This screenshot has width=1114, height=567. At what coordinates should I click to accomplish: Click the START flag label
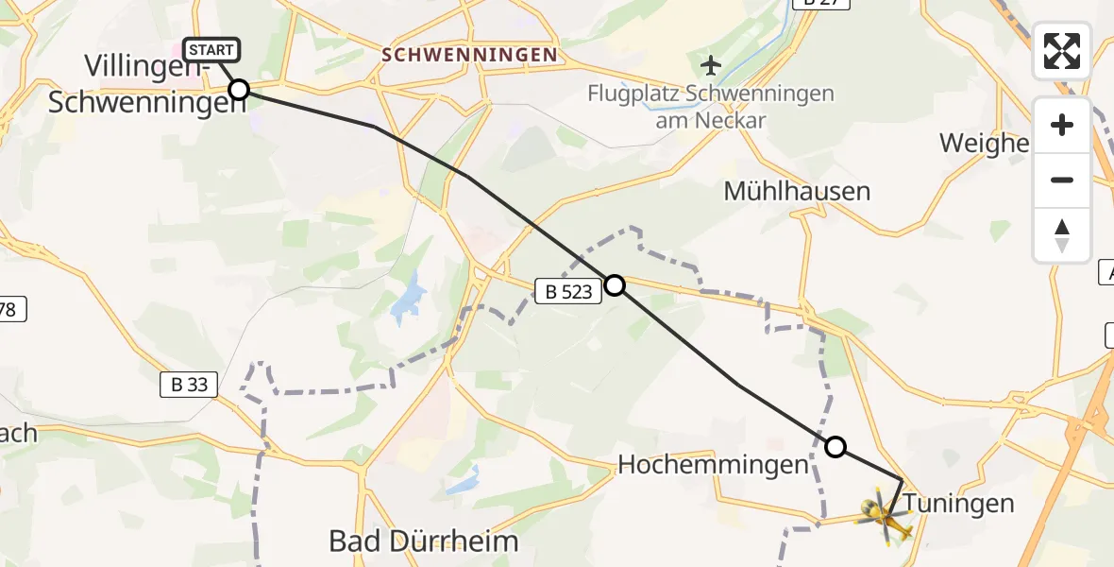pyautogui.click(x=211, y=49)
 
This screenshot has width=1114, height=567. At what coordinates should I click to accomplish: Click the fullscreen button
pyautogui.click(x=1062, y=51)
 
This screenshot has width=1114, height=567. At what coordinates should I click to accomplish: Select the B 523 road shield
pyautogui.click(x=568, y=292)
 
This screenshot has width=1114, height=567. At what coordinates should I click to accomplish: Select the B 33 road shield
pyautogui.click(x=189, y=384)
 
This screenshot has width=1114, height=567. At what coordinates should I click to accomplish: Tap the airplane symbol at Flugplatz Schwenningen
pyautogui.click(x=710, y=65)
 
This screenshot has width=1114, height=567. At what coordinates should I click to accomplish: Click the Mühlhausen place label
pyautogui.click(x=796, y=191)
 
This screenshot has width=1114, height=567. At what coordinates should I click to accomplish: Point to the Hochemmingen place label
pyautogui.click(x=714, y=464)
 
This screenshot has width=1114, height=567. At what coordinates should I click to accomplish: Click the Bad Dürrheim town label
pyautogui.click(x=424, y=541)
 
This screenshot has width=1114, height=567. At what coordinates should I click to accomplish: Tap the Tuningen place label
pyautogui.click(x=959, y=503)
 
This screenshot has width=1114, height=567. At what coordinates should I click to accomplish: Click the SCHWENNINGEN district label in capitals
pyautogui.click(x=469, y=55)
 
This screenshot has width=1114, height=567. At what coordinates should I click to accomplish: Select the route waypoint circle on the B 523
pyautogui.click(x=615, y=284)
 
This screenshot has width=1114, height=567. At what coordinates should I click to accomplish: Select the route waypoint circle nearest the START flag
pyautogui.click(x=239, y=90)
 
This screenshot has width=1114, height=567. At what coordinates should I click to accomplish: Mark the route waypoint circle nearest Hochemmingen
pyautogui.click(x=835, y=446)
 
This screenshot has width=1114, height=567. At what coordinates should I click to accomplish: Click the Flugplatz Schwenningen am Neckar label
pyautogui.click(x=711, y=107)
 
